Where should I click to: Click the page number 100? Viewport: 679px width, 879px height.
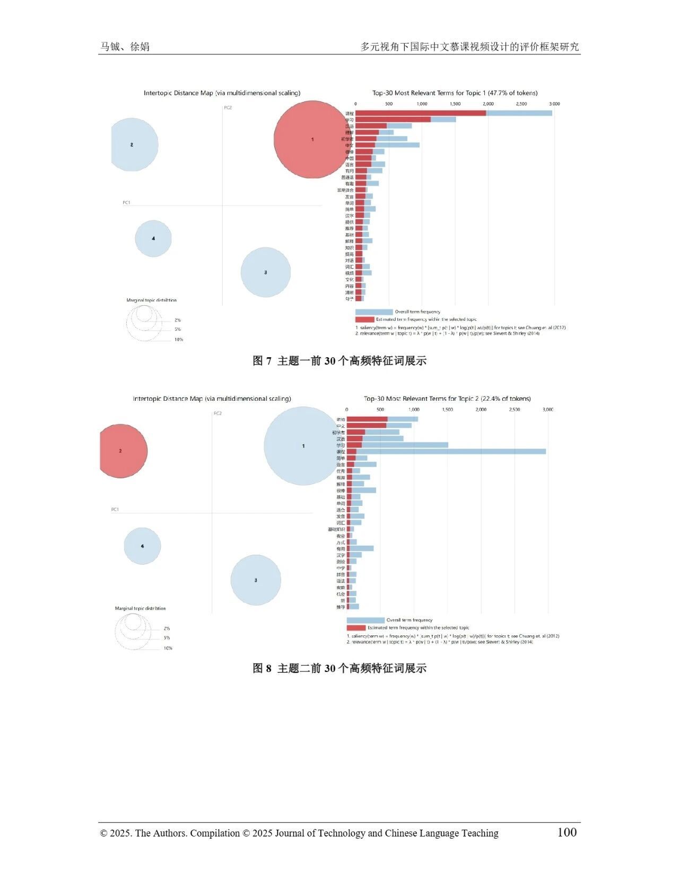pos(567,832)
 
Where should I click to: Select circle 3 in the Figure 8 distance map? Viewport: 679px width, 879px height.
pos(256,580)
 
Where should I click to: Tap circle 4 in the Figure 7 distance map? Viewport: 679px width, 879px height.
pos(153,238)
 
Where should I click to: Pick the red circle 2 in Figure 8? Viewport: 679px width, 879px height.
pos(121,451)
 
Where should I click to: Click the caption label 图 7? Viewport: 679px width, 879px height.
pos(262,361)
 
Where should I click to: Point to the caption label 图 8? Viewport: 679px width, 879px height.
pos(262,668)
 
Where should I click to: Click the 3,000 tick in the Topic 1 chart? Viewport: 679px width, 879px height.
pos(554,104)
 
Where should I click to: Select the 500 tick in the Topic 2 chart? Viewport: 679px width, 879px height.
pos(380,410)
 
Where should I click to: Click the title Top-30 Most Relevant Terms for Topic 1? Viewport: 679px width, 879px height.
pos(455,93)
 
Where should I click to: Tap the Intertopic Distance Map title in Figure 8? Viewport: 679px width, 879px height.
pos(212,399)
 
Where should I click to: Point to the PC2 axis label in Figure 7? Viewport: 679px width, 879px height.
pos(228,108)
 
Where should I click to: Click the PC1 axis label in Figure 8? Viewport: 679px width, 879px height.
pos(115,510)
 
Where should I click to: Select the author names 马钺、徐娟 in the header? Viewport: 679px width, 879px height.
pos(125,47)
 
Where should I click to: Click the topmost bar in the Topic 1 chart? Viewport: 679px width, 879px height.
pos(454,113)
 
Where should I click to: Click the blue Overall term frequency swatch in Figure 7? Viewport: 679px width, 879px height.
pos(374,312)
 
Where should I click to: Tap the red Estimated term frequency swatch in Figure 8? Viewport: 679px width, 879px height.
pos(355,628)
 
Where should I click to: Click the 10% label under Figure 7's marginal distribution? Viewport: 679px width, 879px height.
pos(179,340)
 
